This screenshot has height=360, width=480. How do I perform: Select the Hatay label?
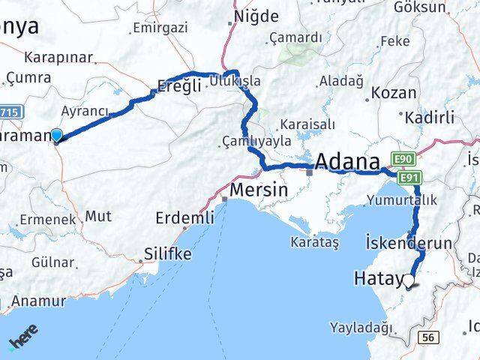pos(377,280)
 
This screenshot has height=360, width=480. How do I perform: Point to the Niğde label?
pos(256,16)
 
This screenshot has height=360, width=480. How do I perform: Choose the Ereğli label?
pos(179,86)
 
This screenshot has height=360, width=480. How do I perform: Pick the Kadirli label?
pos(430,118)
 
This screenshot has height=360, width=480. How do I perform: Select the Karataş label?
pos(316,242)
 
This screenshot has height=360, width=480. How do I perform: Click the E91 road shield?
pos(409,178)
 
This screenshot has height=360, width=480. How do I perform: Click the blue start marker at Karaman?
pos(56,134)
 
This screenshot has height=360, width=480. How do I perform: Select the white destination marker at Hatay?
pos(409,282)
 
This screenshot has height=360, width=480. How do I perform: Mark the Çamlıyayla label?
pos(256,140)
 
